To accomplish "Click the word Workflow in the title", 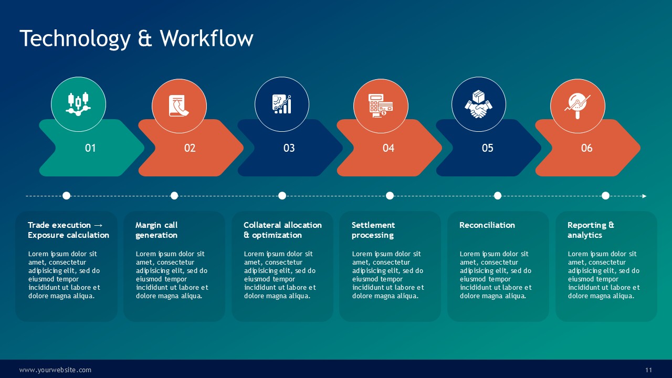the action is tap(206, 38).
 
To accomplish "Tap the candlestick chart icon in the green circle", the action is tap(78, 104).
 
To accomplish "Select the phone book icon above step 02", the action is tap(179, 106).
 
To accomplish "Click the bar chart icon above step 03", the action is tap(282, 104).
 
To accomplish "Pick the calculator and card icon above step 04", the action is tap(381, 106).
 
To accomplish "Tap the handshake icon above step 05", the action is tap(478, 104).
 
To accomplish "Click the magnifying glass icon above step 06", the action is tap(577, 106).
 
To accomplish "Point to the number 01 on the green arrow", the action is tap(90, 148).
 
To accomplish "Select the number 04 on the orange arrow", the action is tap(388, 148).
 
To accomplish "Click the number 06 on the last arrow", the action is tap(587, 148).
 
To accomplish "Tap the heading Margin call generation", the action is tap(156, 230).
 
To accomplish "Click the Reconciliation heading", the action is tap(487, 225).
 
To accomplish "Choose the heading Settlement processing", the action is tap(373, 230).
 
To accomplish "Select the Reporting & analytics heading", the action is tap(591, 230).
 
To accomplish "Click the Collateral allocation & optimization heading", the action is tap(282, 230).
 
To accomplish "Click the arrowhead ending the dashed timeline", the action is tap(644, 196).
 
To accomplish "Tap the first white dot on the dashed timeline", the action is tap(66, 196).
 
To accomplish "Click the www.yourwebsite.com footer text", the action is tap(55, 370).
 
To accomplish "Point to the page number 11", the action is tap(648, 370).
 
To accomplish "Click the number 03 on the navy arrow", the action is tap(289, 148).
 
